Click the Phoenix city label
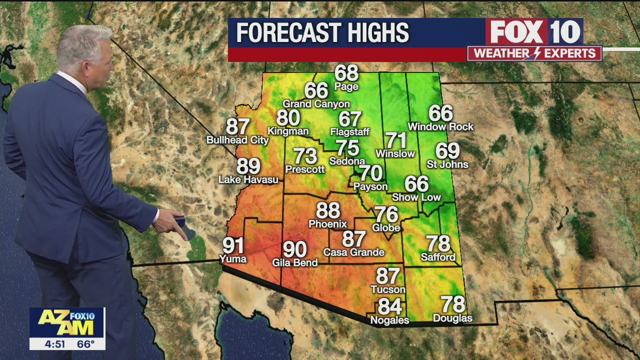327,223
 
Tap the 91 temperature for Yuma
233,245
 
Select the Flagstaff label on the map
349,132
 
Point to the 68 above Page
346,73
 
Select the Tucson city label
388,289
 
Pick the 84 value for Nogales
390,306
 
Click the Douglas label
452,318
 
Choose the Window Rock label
440,127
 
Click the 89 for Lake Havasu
248,166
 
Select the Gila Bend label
295,262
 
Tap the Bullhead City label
237,140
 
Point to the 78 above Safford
438,244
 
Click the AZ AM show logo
67,322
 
